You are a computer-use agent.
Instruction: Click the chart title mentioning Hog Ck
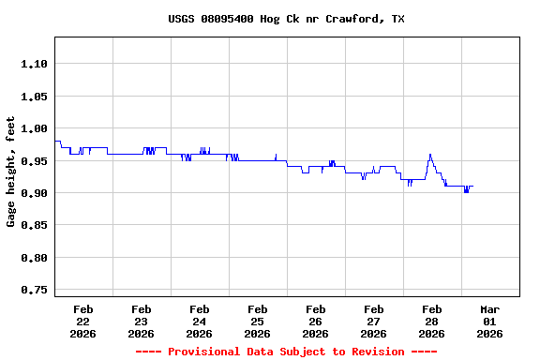tap(287, 19)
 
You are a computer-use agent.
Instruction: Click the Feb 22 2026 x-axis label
tap(83, 321)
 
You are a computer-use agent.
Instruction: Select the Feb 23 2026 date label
tap(142, 321)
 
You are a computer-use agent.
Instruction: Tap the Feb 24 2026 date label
tap(200, 321)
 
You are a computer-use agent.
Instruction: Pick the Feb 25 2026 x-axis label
tap(258, 321)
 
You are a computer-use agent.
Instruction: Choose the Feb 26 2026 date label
tap(316, 321)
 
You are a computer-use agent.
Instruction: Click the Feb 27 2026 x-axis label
tap(374, 321)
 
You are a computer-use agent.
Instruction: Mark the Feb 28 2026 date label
tap(432, 321)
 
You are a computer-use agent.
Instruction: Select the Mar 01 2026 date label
tap(490, 321)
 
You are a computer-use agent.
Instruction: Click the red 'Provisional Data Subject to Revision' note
tap(287, 352)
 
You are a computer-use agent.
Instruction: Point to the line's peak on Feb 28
tap(430, 155)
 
